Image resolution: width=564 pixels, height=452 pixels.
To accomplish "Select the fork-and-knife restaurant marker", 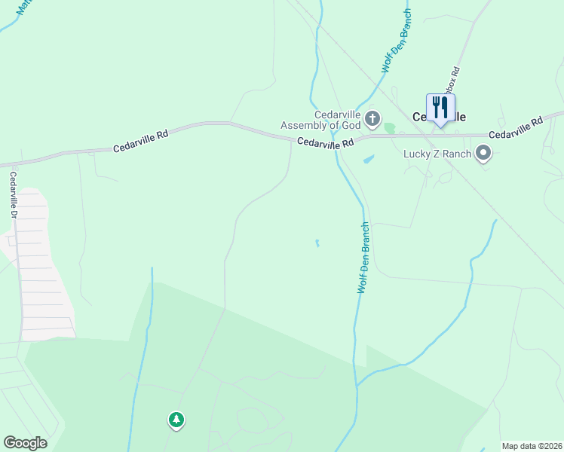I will pyautogui.click(x=440, y=108).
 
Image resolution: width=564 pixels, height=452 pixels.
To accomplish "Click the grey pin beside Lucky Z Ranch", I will pyautogui.click(x=484, y=154).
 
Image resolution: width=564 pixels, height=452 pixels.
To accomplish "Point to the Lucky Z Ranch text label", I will pyautogui.click(x=437, y=154).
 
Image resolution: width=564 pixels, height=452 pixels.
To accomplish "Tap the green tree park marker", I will pyautogui.click(x=176, y=420).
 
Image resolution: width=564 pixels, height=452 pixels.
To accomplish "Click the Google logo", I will pyautogui.click(x=25, y=443).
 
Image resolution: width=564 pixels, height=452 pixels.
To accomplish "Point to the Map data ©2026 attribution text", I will pyautogui.click(x=532, y=446).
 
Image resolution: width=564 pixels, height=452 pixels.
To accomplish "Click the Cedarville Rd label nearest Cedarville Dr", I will pyautogui.click(x=141, y=140).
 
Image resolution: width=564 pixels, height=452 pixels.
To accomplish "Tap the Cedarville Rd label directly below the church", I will pyautogui.click(x=325, y=142).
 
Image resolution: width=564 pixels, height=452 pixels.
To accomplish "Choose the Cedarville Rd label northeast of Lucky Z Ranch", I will pyautogui.click(x=516, y=128).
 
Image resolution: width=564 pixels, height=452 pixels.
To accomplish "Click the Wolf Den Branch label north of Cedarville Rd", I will pyautogui.click(x=397, y=41).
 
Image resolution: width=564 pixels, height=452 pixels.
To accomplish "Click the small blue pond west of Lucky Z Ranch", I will pyautogui.click(x=368, y=159).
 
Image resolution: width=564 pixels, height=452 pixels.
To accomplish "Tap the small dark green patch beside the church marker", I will pyautogui.click(x=389, y=128).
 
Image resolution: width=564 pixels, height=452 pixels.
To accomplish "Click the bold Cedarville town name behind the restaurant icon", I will pyautogui.click(x=439, y=118).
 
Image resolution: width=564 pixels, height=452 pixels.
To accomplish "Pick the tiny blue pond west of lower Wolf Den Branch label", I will pyautogui.click(x=317, y=243).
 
